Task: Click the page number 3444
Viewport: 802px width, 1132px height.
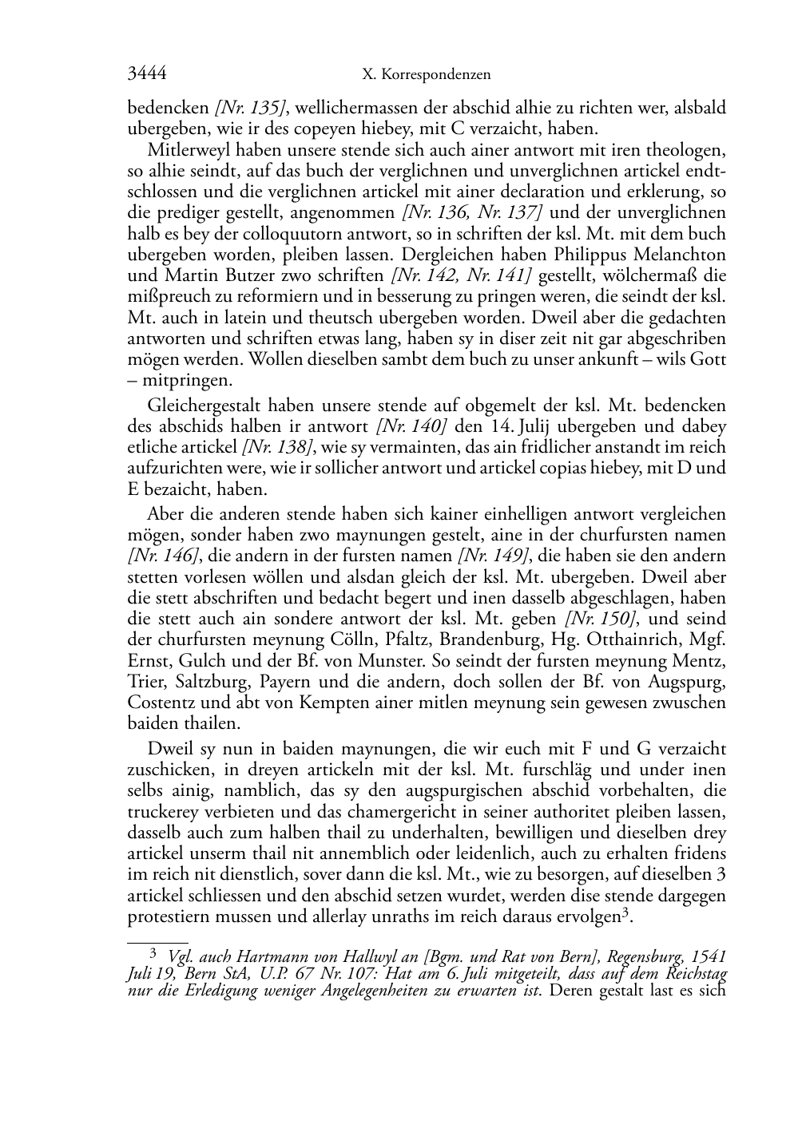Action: (147, 74)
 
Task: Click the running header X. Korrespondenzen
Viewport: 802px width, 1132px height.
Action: (426, 75)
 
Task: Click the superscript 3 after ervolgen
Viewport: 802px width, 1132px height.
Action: (625, 912)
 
